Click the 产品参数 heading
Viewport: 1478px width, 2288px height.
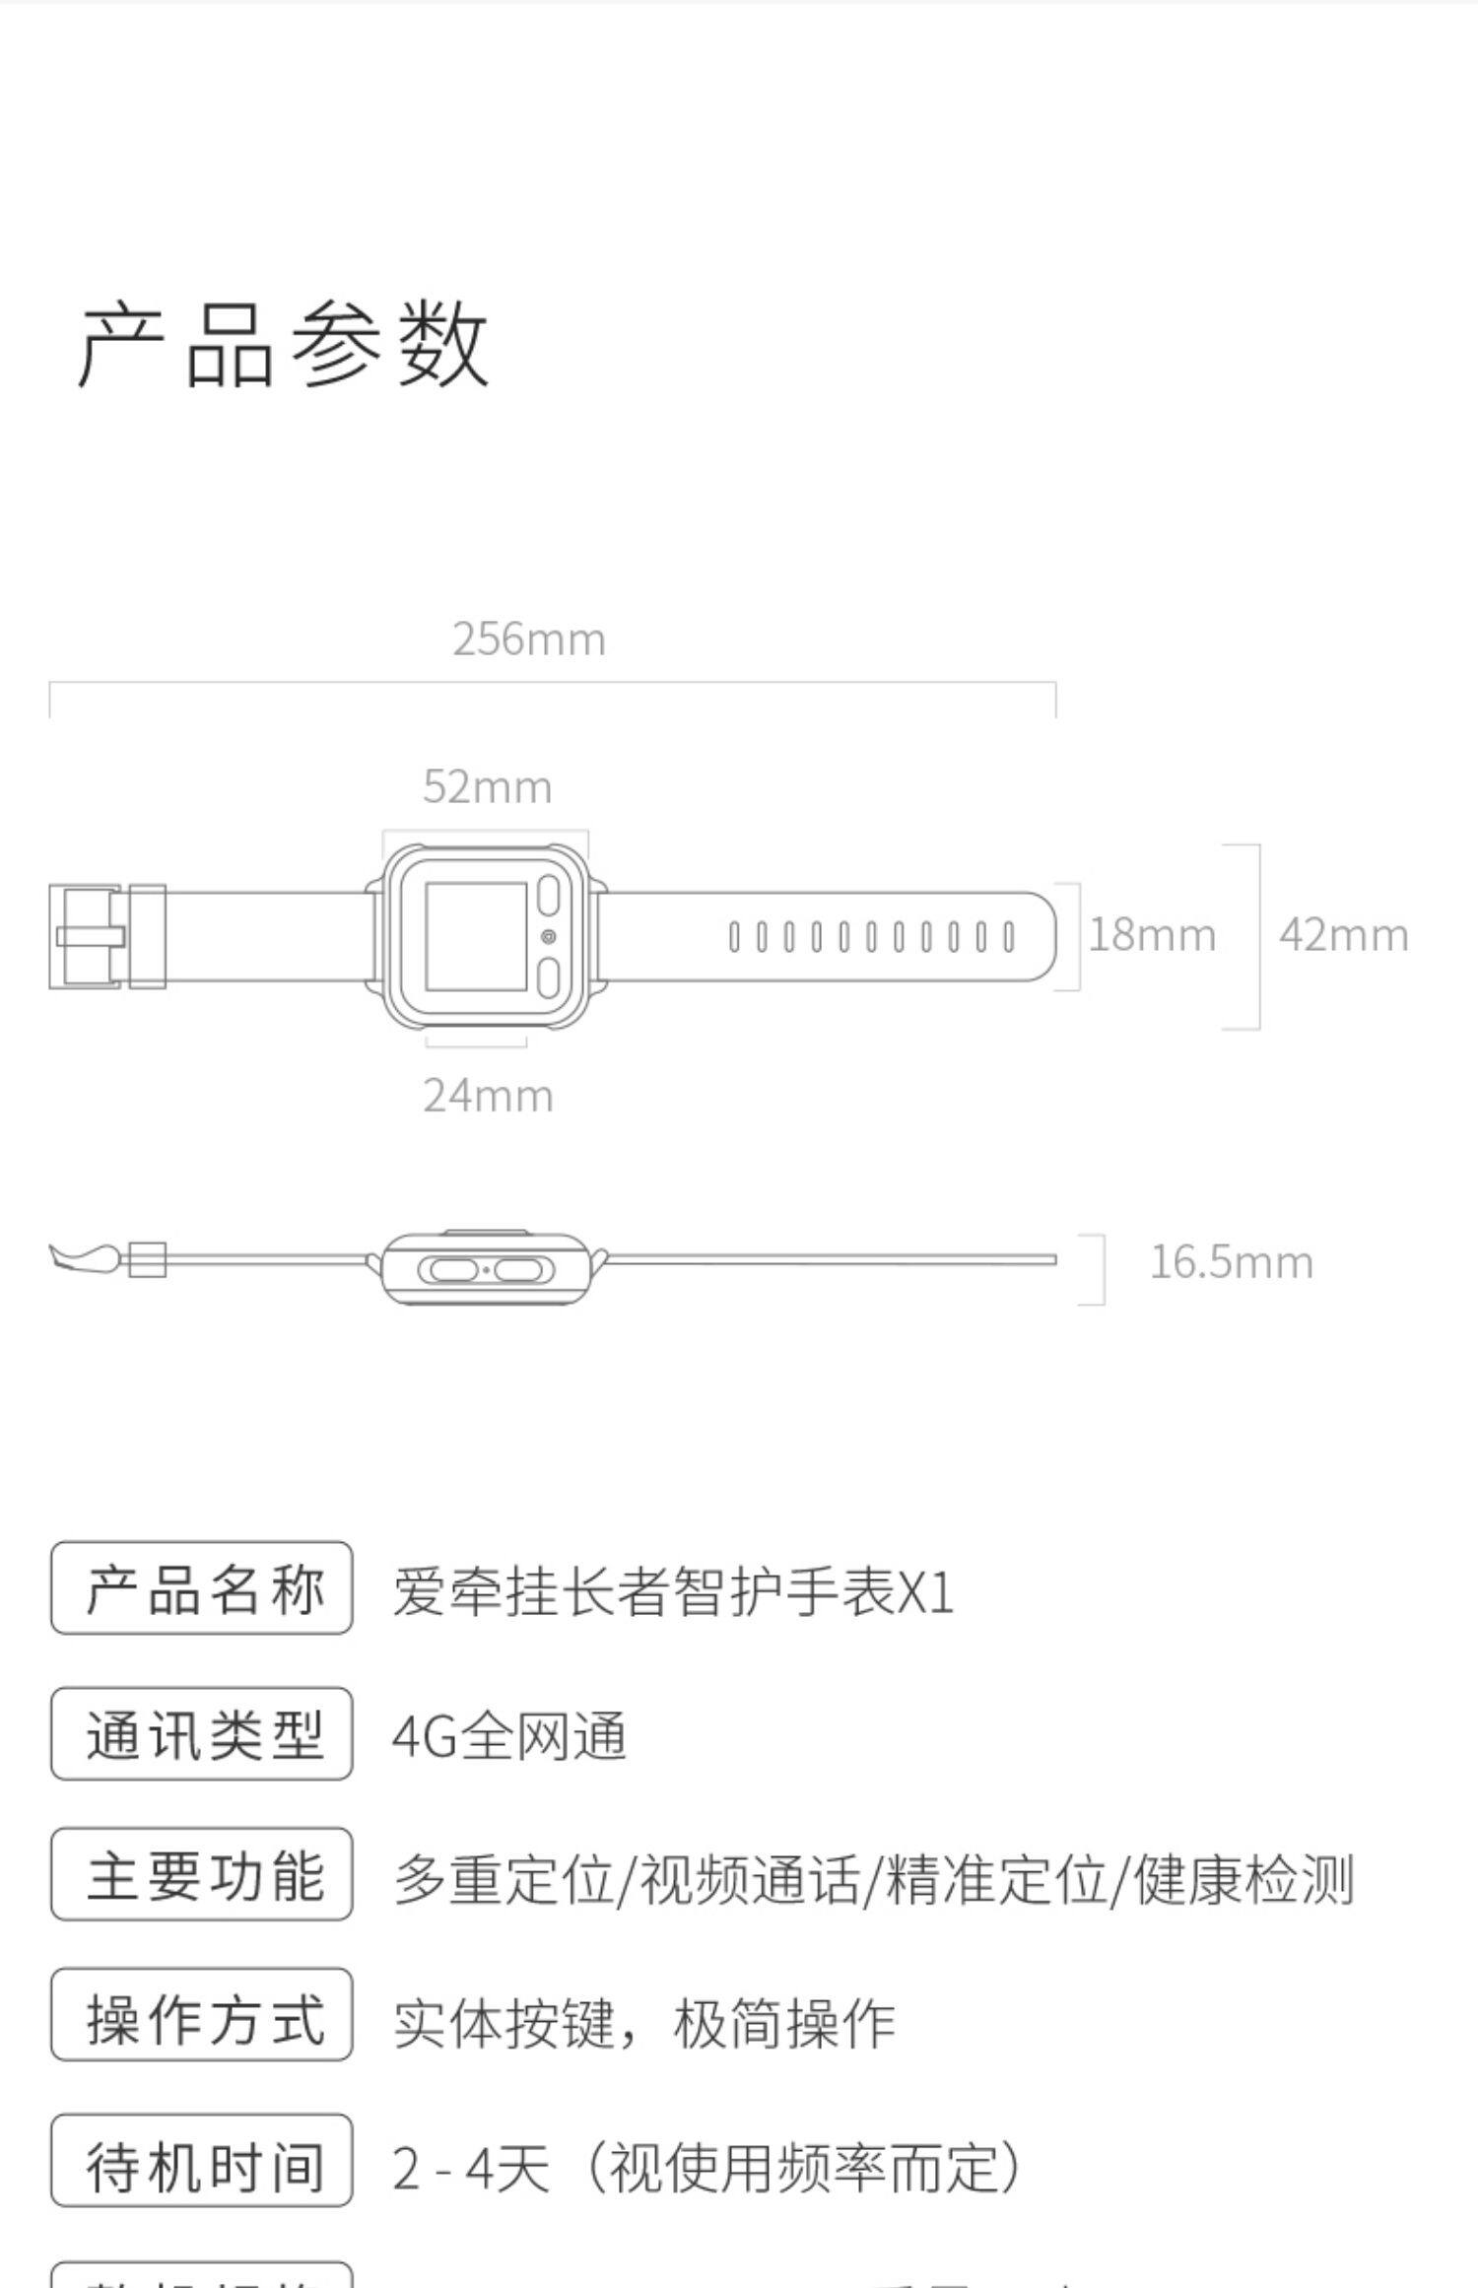pos(284,344)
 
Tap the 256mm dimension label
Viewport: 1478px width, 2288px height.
pos(529,639)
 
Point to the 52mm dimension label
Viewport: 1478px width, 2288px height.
pos(487,787)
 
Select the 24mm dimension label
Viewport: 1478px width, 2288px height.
pos(488,1096)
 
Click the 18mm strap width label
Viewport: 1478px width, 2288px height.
pos(1151,935)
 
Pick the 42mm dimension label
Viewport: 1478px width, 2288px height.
pos(1343,935)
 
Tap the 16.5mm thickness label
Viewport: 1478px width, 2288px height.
pos(1231,1262)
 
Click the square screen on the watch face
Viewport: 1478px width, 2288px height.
pos(476,936)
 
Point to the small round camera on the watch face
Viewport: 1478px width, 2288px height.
pos(549,936)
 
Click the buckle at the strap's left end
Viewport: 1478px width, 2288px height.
pos(87,936)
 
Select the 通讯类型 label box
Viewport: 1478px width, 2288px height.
pos(202,1734)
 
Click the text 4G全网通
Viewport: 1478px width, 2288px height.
pos(508,1736)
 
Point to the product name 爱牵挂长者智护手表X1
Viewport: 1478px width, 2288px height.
pos(673,1591)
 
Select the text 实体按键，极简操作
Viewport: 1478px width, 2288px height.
pos(644,2023)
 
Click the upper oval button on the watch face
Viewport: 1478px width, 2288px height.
pos(549,896)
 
